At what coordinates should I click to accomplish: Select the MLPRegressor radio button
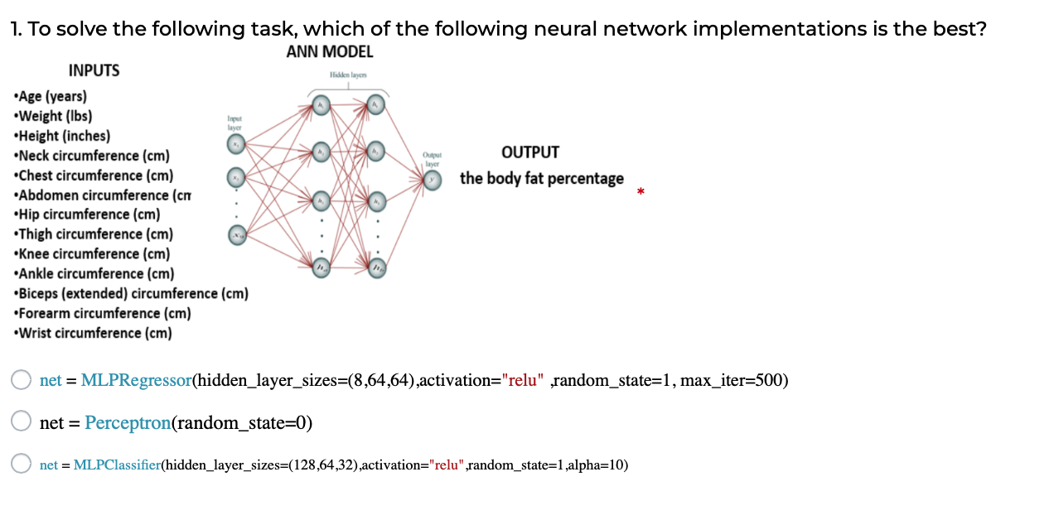tap(22, 380)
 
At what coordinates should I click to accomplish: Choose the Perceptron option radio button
tap(22, 421)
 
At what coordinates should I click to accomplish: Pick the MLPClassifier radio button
tap(22, 465)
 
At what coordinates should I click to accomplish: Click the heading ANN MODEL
tap(330, 52)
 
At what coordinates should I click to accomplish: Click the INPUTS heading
tap(94, 71)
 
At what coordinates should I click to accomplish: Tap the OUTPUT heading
tap(530, 152)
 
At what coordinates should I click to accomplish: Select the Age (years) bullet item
tap(51, 96)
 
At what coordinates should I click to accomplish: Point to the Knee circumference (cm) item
tap(94, 254)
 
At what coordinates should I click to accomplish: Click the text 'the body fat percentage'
tap(542, 179)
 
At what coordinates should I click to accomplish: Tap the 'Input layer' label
tap(235, 124)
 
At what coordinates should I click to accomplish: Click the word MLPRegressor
tap(136, 381)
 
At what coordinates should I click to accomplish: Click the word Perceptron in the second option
tap(127, 422)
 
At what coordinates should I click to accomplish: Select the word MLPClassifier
tap(116, 465)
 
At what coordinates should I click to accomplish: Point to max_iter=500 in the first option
tap(733, 381)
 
